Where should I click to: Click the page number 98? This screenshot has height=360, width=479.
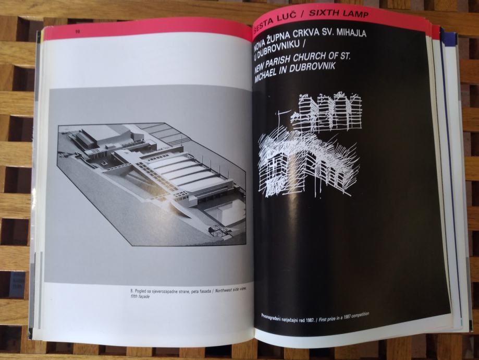tap(78, 31)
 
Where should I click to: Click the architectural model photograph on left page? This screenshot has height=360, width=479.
tap(152, 184)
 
